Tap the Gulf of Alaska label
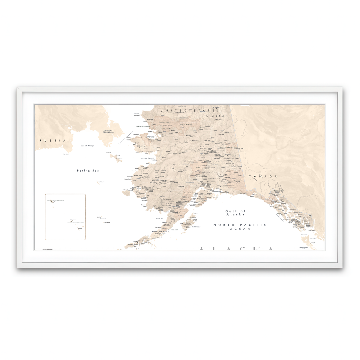[x=235, y=213]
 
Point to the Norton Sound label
[x=147, y=158]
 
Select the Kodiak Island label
[x=198, y=227]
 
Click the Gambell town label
[x=109, y=153]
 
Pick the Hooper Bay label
[x=128, y=179]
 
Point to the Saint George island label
[x=107, y=222]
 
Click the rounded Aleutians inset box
[x=65, y=217]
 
